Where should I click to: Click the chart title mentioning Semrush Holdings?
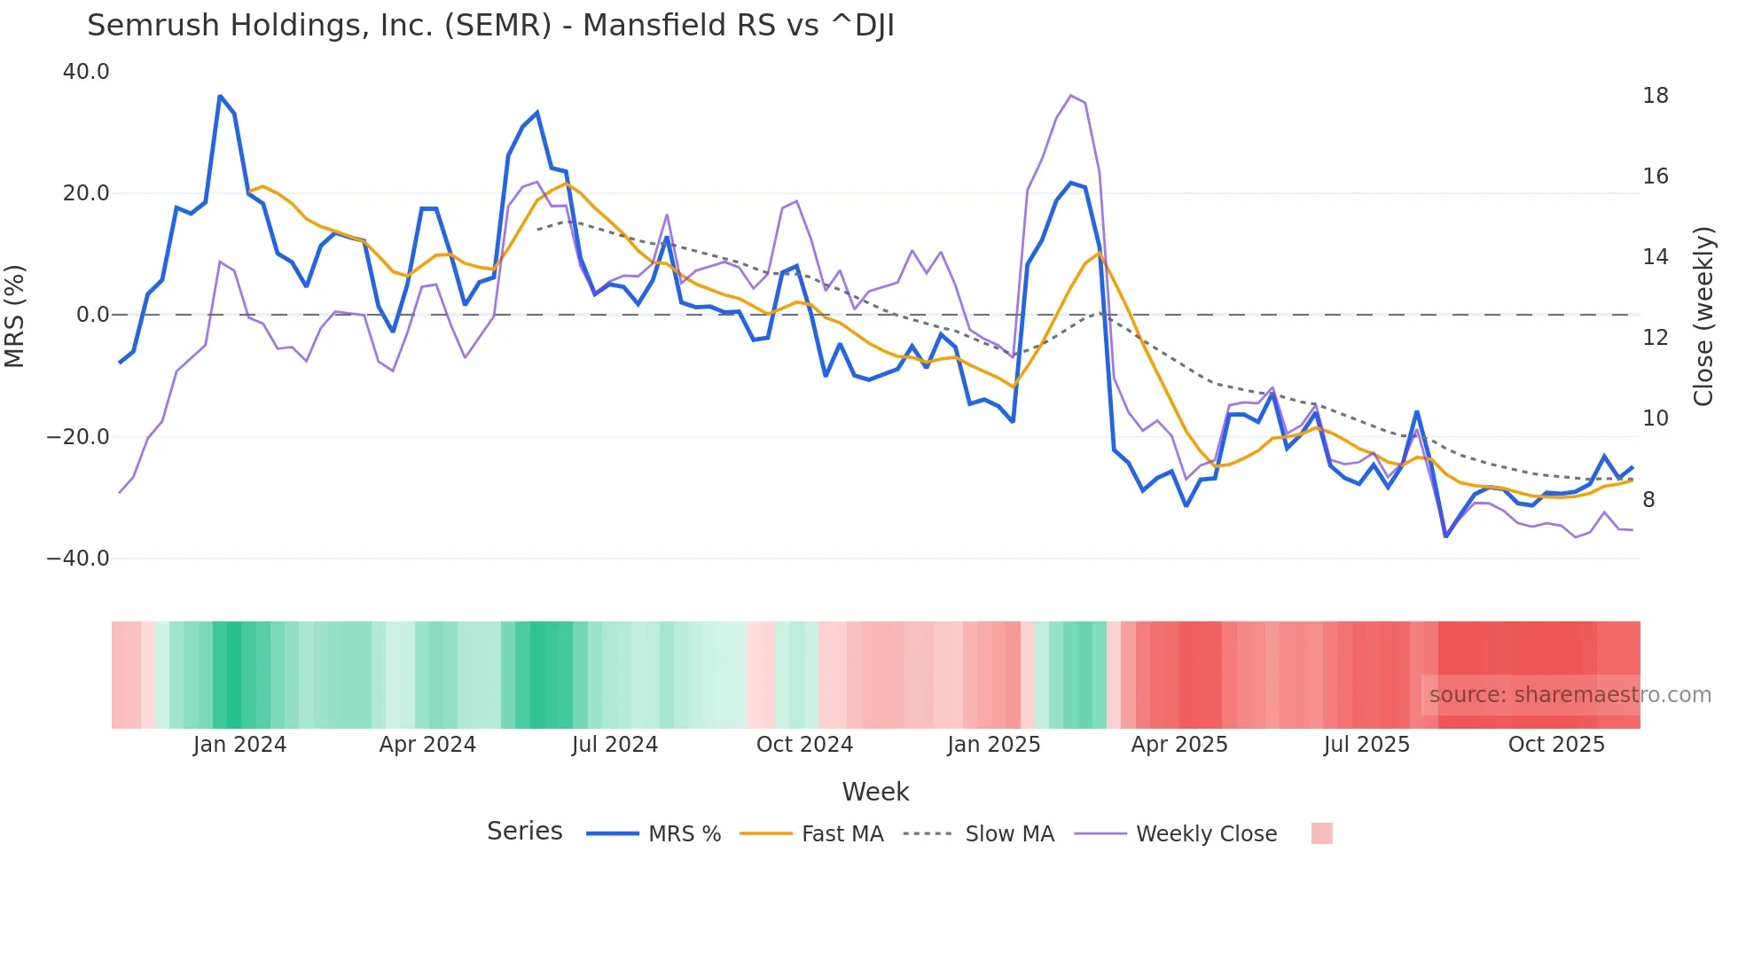(490, 26)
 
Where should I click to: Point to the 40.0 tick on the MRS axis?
(86, 72)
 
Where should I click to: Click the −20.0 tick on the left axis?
(78, 437)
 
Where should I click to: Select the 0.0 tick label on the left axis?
(92, 315)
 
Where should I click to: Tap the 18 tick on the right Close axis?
(1655, 96)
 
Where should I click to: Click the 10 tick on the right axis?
(1655, 418)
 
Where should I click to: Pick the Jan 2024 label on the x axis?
(239, 745)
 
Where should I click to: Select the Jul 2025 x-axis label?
(1366, 745)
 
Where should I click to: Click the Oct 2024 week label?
(804, 745)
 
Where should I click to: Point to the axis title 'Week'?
(875, 792)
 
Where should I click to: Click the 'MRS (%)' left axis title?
(15, 316)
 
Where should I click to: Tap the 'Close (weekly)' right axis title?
(1703, 317)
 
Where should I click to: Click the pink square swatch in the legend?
(1321, 833)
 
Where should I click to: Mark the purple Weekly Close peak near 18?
(1071, 96)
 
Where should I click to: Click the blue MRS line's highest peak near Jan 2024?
(220, 96)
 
